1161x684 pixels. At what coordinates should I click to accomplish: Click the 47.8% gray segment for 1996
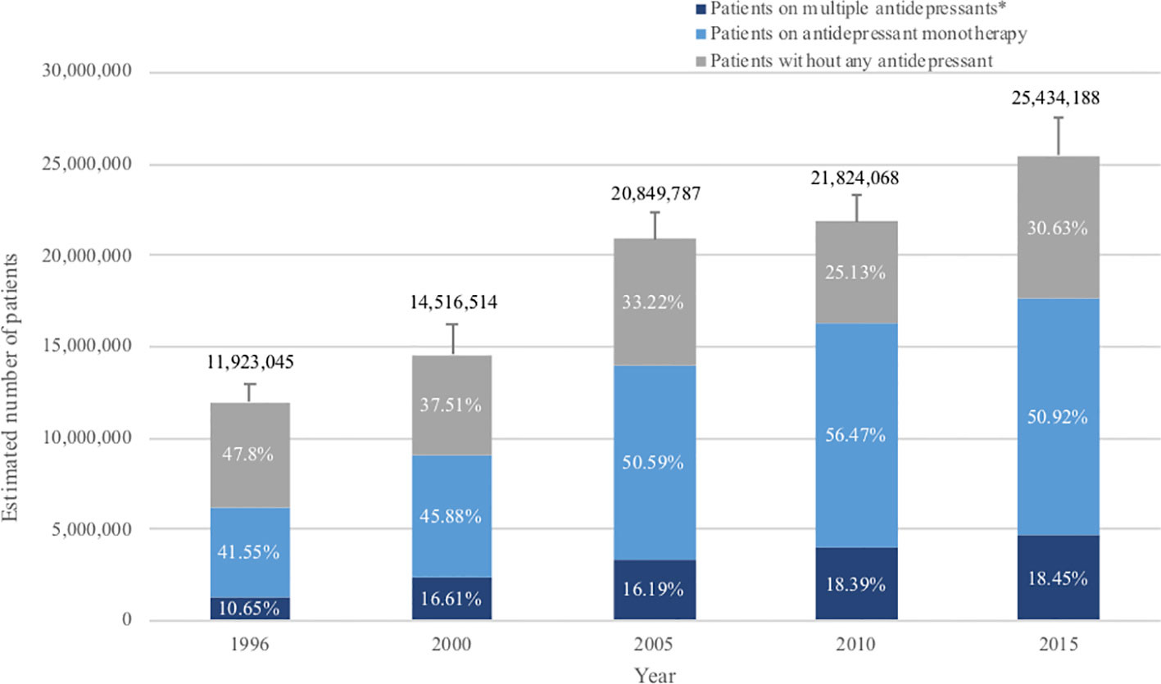[x=250, y=455]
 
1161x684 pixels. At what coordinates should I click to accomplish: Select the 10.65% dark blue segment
[x=250, y=609]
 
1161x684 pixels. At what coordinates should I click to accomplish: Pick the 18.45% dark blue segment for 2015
[x=1059, y=578]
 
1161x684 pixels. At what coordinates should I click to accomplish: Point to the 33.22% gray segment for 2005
[x=655, y=301]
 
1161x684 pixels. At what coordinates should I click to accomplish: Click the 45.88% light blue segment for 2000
[x=452, y=516]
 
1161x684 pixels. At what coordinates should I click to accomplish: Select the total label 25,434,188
[x=1059, y=98]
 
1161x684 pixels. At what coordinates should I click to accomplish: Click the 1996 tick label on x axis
[x=250, y=645]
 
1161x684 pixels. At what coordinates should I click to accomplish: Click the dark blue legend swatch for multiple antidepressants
[x=701, y=10]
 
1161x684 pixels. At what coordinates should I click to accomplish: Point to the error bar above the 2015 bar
[x=1059, y=136]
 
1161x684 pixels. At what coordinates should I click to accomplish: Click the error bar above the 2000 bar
[x=452, y=339]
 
